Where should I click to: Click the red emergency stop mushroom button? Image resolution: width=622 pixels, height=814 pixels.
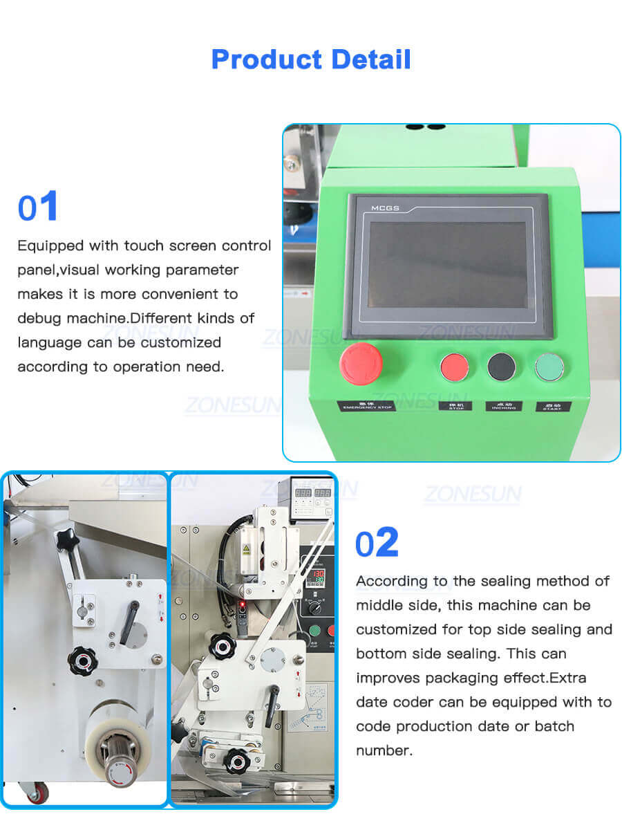point(361,364)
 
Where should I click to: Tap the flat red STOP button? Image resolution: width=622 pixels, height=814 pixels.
point(455,367)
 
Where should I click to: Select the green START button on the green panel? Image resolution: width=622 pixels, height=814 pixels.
point(549,367)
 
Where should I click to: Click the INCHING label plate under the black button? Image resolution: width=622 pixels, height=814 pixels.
point(504,405)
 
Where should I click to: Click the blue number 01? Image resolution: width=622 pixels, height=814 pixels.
point(37,207)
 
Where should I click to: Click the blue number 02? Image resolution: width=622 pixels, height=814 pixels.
point(377,543)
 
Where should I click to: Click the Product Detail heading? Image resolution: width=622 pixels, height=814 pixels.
point(310,59)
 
